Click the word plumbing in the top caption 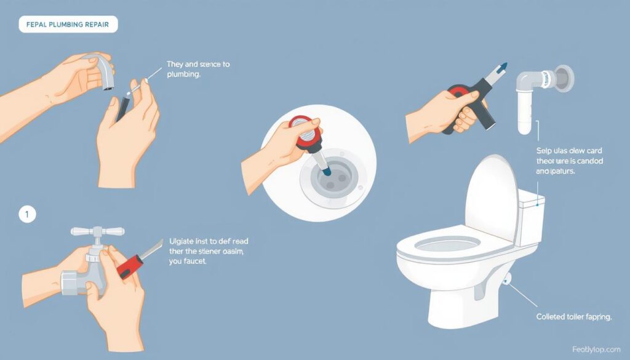(x=183, y=74)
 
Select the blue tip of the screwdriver (x=504, y=66)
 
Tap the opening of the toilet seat (x=447, y=244)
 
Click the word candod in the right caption (x=590, y=161)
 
